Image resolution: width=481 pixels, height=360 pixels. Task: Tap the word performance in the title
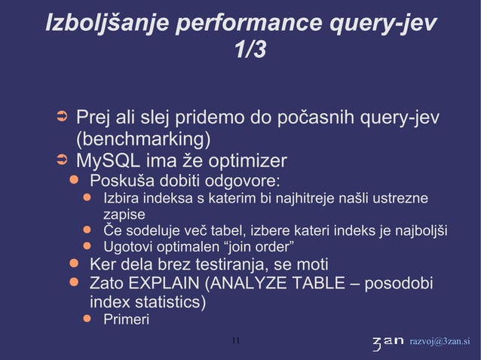pyautogui.click(x=249, y=23)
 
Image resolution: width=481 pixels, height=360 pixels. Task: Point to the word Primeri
pyautogui.click(x=126, y=320)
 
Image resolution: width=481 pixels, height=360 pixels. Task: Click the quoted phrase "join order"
pyautogui.click(x=259, y=247)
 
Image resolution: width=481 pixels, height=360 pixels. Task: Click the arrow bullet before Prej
pyautogui.click(x=63, y=119)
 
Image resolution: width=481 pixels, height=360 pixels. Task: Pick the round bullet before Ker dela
pyautogui.click(x=74, y=264)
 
